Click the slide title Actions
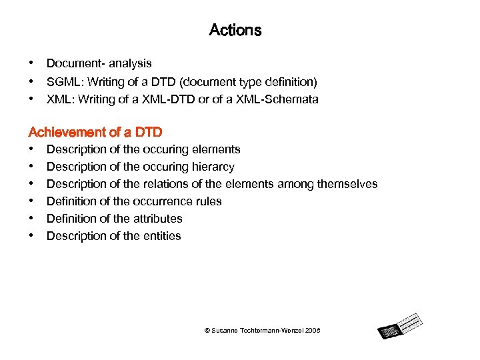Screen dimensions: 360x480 click(x=235, y=30)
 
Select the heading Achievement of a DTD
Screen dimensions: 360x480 click(x=95, y=132)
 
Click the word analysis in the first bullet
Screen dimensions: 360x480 click(x=130, y=63)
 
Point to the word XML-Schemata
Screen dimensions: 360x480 click(x=281, y=99)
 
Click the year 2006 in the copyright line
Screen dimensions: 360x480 click(x=312, y=331)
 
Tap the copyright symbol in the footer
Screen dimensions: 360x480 click(x=207, y=331)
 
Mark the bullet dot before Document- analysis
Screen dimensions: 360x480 click(x=31, y=63)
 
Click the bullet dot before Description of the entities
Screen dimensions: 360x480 click(x=31, y=235)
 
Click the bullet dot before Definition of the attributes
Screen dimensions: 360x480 click(x=31, y=218)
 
